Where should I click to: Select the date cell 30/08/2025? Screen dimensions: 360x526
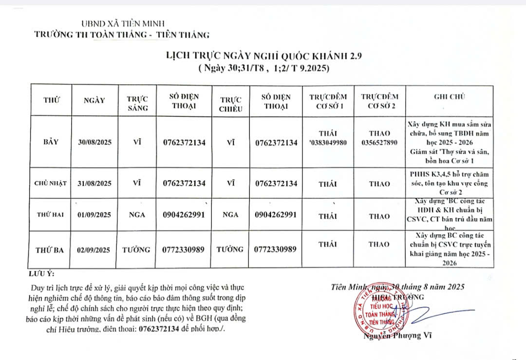94,143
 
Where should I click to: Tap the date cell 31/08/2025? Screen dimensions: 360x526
94,184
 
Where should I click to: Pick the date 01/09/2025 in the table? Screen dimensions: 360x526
94,214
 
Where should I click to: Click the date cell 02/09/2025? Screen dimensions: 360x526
94,250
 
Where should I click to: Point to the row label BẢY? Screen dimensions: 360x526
50,142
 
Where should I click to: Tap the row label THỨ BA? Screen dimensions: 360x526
50,250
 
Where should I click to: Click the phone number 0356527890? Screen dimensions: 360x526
380,143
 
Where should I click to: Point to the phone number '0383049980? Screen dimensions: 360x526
327,143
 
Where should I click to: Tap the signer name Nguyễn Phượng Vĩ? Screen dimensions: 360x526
397,335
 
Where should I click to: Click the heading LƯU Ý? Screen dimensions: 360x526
41,273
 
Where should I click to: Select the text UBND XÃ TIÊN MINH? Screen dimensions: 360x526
123,23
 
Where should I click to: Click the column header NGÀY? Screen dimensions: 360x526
94,100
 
